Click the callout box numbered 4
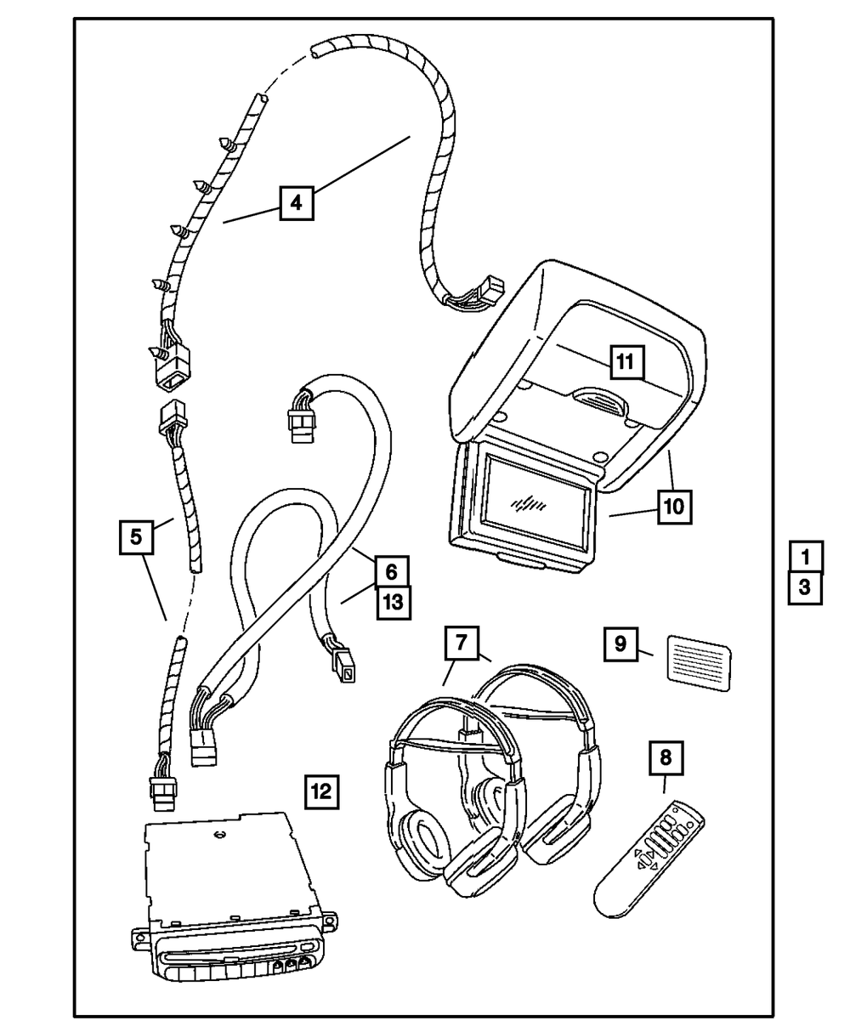295,202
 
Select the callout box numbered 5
136,537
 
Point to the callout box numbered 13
391,602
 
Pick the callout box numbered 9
621,644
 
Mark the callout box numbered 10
674,507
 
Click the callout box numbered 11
625,362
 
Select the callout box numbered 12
320,792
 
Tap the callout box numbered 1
805,557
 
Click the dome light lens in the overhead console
598,398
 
